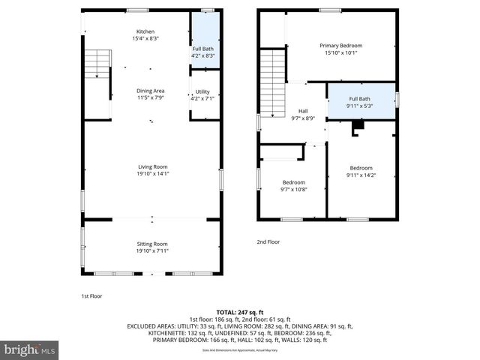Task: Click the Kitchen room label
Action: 145,31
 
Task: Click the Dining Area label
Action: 150,91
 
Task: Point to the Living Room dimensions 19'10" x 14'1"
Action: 151,173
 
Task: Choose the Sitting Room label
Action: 151,244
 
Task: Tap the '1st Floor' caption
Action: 91,296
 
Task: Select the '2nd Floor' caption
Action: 268,242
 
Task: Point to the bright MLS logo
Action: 30,349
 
